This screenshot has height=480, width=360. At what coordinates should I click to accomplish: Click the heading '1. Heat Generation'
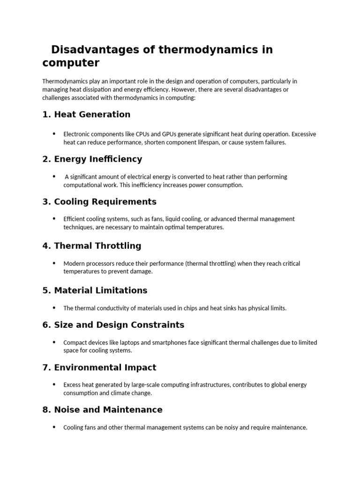point(86,114)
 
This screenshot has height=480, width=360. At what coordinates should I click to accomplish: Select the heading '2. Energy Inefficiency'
point(92,159)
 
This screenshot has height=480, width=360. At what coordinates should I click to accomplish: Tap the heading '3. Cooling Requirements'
point(99,202)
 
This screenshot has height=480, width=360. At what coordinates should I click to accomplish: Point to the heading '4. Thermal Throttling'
point(91,246)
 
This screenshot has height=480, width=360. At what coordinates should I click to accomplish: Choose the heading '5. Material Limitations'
point(95,290)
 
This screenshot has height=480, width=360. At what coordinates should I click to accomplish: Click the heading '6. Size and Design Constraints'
point(113,325)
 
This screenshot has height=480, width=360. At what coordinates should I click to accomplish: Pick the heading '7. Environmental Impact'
point(99,367)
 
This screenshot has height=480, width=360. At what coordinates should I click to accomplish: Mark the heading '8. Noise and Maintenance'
point(102,410)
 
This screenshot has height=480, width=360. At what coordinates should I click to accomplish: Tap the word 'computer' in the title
point(71,62)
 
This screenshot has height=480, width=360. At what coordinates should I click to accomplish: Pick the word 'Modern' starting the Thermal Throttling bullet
point(73,263)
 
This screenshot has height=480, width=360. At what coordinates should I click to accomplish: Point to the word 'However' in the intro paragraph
point(184,89)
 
